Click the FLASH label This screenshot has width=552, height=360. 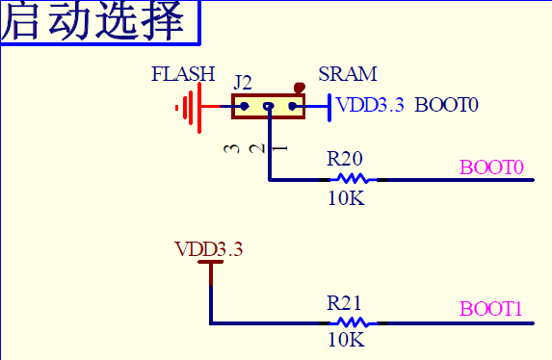tap(183, 74)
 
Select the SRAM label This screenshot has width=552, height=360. tap(347, 74)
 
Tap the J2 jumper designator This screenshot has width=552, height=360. tap(244, 82)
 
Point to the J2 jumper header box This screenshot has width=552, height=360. tap(268, 107)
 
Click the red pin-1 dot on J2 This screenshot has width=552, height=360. tap(299, 90)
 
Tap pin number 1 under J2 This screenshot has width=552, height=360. tap(280, 148)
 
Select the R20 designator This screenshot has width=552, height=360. tap(346, 158)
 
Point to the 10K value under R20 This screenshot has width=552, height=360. tap(346, 198)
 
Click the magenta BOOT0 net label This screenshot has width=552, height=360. tap(491, 167)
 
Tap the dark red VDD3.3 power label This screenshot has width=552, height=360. tap(209, 249)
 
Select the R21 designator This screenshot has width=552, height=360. tap(346, 301)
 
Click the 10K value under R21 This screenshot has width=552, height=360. tap(346, 340)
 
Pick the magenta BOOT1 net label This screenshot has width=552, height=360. tap(491, 310)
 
